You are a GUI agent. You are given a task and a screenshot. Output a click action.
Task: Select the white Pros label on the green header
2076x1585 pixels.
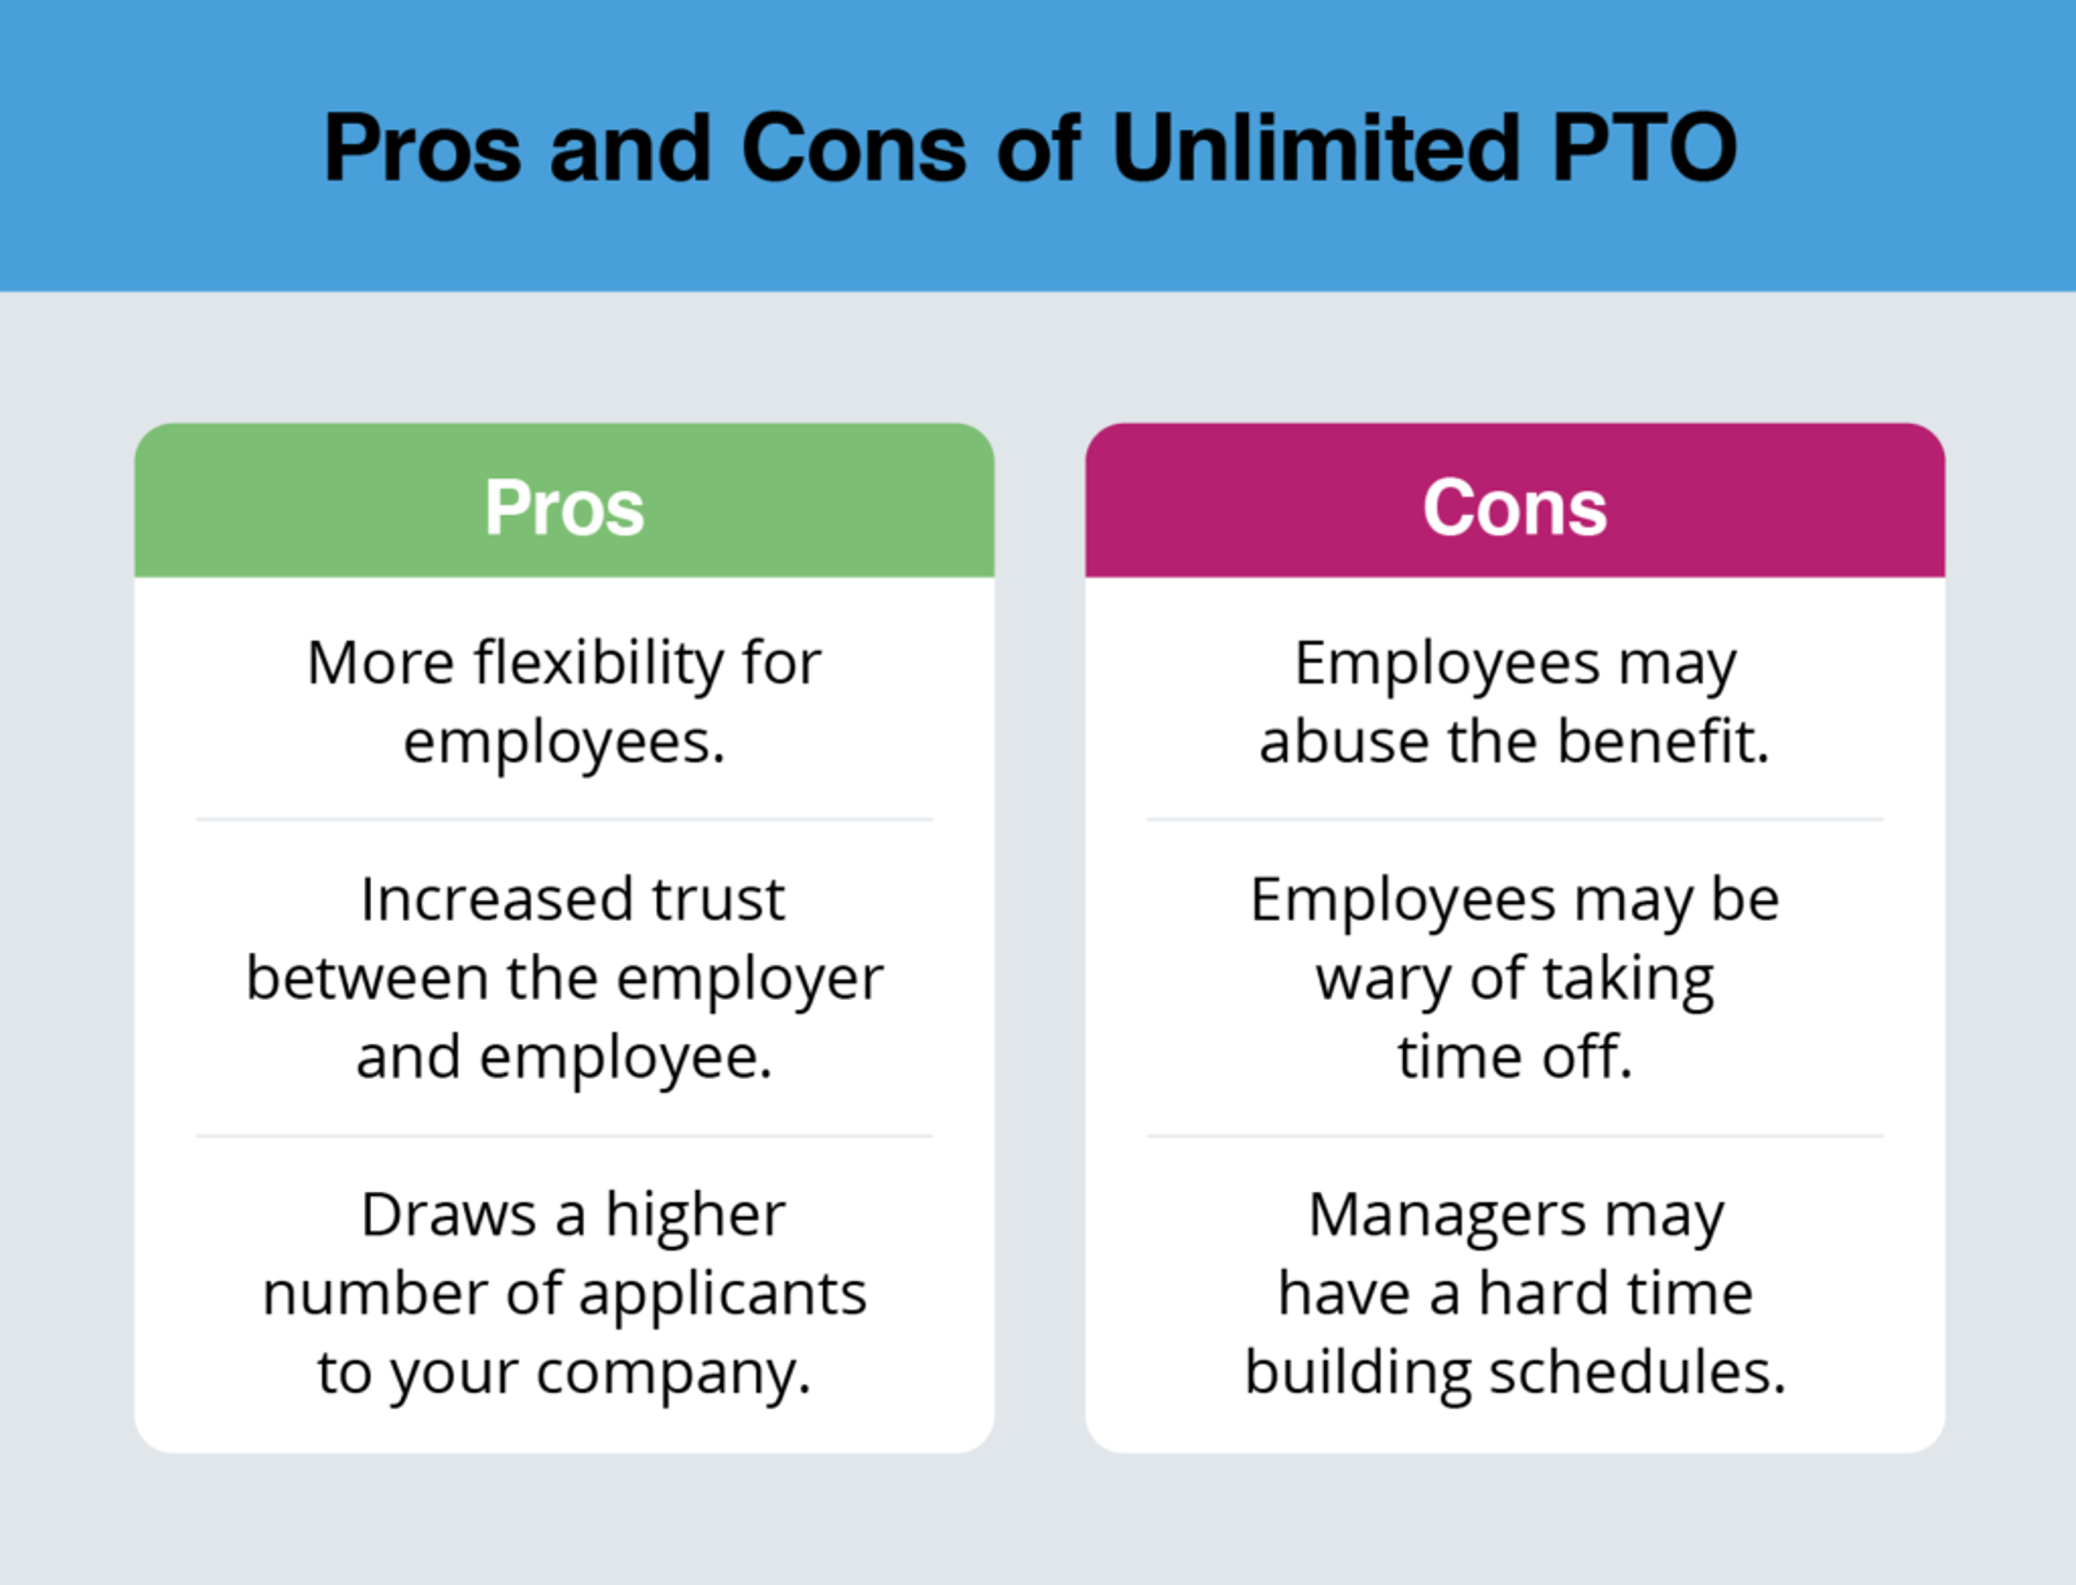coord(564,507)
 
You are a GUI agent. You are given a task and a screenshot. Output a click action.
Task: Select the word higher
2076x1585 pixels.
coord(695,1216)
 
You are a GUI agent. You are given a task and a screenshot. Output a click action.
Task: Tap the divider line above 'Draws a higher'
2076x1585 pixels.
coord(564,1136)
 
